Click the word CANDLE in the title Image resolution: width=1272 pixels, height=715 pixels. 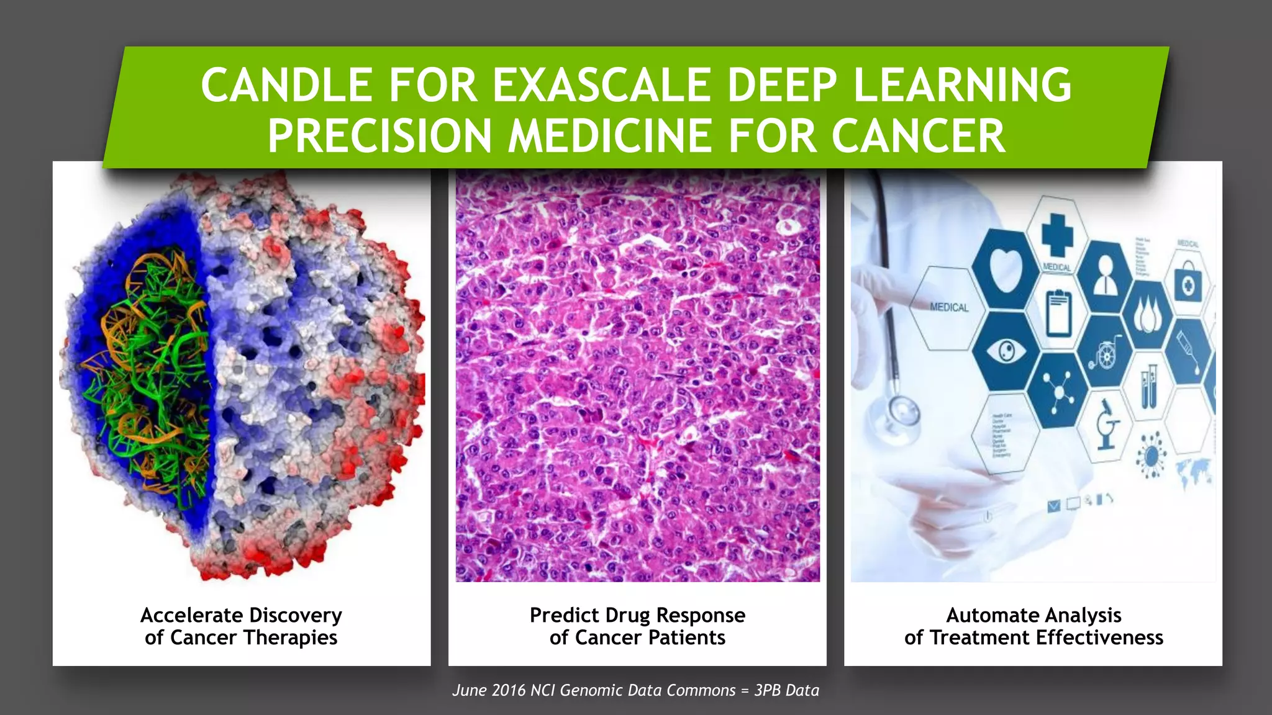point(286,85)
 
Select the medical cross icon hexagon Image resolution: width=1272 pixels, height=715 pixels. point(1056,235)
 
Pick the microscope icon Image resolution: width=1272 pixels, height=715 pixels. point(1106,426)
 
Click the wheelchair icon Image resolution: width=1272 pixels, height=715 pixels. point(1106,353)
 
